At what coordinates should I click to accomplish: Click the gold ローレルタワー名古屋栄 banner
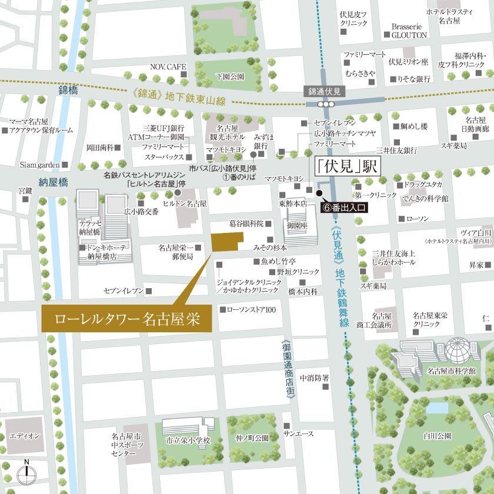[x=127, y=319]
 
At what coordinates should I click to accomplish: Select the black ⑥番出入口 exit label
[x=346, y=207]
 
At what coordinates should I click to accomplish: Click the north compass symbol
[x=26, y=472]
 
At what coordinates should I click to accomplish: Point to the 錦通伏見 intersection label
[x=325, y=91]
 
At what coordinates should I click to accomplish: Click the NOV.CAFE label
[x=168, y=67]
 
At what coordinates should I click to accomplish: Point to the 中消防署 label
[x=314, y=378]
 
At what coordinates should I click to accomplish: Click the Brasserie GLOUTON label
[x=409, y=31]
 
